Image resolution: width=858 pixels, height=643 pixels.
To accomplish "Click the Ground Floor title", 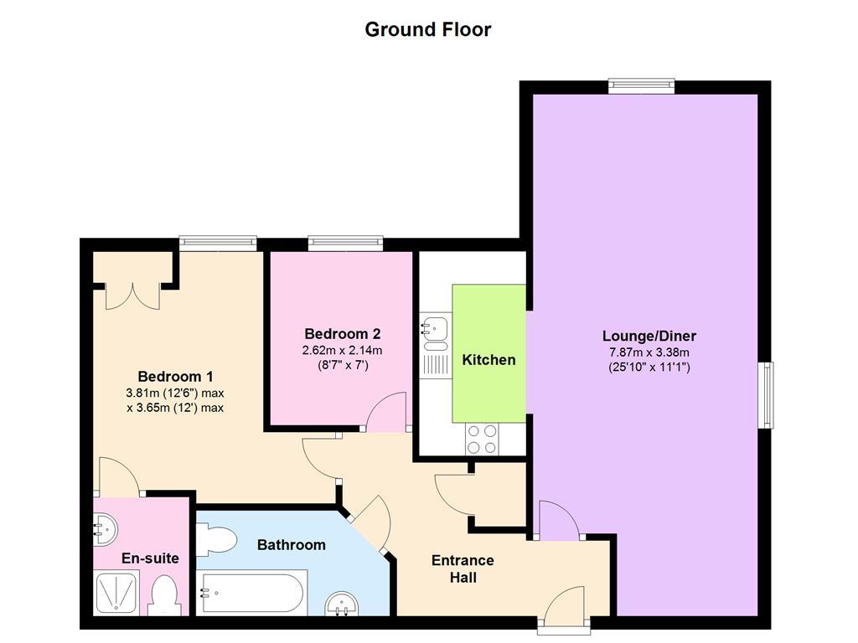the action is tap(428, 29).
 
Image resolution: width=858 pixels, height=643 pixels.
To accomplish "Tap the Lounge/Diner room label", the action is tap(649, 336).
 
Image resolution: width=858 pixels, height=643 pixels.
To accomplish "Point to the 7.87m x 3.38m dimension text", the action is tap(649, 352).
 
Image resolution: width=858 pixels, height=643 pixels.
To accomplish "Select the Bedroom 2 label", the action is tap(343, 333).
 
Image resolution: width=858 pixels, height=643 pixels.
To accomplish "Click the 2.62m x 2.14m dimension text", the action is tap(343, 350).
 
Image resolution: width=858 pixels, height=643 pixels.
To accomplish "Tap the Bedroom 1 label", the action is tap(175, 376).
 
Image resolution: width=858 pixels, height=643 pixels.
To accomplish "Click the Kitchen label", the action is tap(488, 360).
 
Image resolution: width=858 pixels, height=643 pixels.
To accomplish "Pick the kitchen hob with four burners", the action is tap(482, 440).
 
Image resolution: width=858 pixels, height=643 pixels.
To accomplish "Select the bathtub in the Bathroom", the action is tap(251, 593).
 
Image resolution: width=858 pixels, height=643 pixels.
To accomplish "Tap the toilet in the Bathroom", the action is tap(216, 540).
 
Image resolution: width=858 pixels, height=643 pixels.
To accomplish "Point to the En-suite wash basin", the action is tap(105, 529).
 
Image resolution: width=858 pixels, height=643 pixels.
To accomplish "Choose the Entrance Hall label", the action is tap(463, 568).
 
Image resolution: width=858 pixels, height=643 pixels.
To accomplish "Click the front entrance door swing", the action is tap(565, 604).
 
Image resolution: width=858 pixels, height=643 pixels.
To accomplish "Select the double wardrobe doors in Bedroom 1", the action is tap(132, 296).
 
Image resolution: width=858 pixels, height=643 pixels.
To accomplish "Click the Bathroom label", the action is tap(291, 544).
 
